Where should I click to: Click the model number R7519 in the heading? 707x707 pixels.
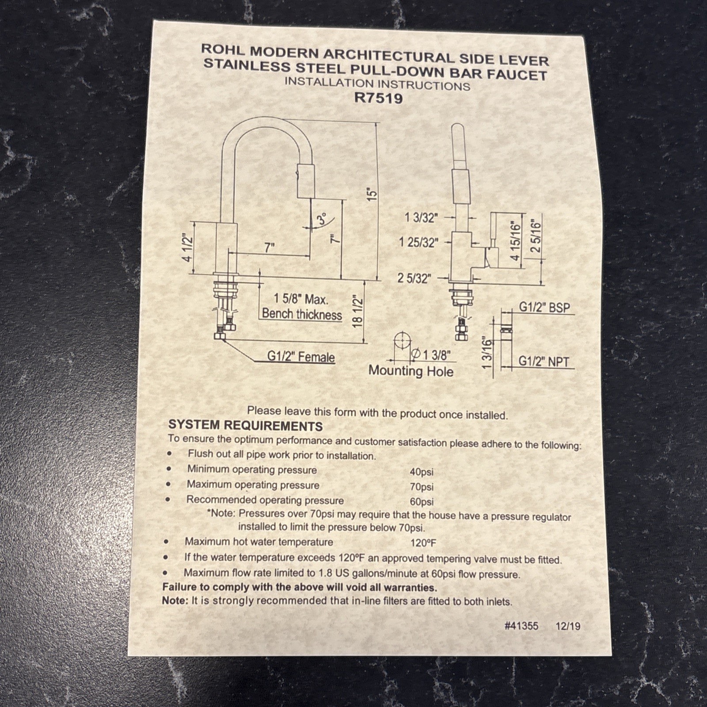(379, 98)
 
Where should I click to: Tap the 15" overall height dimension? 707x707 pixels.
(372, 194)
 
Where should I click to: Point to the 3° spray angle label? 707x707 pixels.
(322, 219)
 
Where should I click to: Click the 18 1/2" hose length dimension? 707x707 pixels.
(357, 312)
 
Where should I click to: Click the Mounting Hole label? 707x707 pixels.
(411, 371)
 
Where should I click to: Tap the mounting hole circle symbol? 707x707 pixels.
(403, 341)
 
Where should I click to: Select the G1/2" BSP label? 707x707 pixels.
(544, 307)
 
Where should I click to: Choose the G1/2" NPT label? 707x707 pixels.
(544, 361)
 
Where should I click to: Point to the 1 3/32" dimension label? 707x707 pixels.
(421, 217)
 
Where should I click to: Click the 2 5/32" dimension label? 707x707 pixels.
(414, 278)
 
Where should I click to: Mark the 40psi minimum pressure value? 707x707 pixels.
(422, 472)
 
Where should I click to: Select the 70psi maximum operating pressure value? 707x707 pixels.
(422, 487)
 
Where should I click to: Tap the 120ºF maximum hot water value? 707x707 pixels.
(423, 543)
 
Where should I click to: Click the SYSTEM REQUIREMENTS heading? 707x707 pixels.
(245, 426)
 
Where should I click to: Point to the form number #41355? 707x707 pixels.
(521, 626)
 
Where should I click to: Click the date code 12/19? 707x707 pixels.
(568, 626)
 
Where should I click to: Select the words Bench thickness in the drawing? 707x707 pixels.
(302, 314)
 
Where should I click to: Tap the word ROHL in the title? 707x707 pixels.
(223, 49)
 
